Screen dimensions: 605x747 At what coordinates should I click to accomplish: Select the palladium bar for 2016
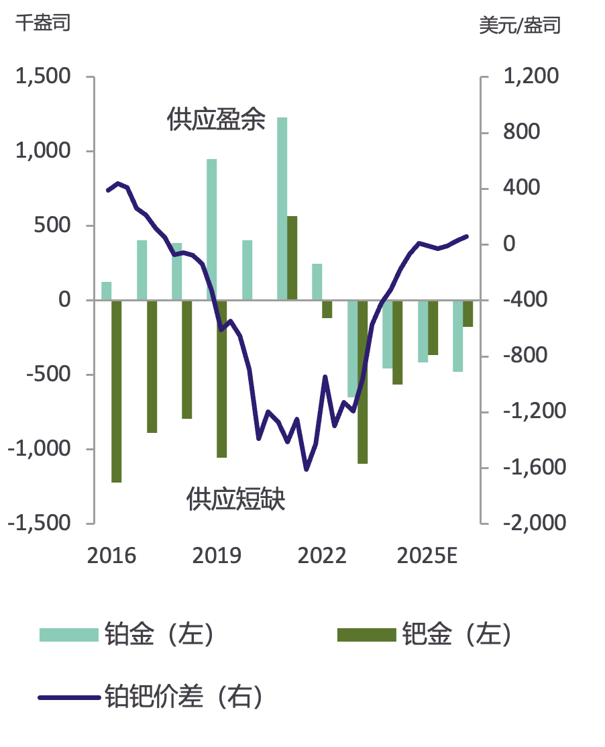click(x=116, y=391)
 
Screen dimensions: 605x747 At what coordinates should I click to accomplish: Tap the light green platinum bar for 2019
click(x=212, y=230)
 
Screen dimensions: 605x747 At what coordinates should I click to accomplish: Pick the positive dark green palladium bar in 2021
click(x=292, y=258)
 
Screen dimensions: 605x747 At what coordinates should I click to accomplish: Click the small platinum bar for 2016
click(x=106, y=291)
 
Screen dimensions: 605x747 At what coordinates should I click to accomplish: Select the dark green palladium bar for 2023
click(x=363, y=382)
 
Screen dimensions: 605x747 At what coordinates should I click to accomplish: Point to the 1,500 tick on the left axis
click(x=44, y=77)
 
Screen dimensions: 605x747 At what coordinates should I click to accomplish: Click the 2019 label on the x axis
click(x=217, y=556)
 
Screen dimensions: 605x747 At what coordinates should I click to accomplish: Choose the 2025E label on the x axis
click(x=427, y=556)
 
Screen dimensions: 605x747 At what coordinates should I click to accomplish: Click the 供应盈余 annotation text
click(x=217, y=121)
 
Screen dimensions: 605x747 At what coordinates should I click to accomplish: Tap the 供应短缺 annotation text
click(x=236, y=499)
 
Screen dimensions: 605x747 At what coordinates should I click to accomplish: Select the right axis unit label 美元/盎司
click(x=520, y=26)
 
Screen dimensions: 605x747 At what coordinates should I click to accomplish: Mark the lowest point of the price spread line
click(x=307, y=469)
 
